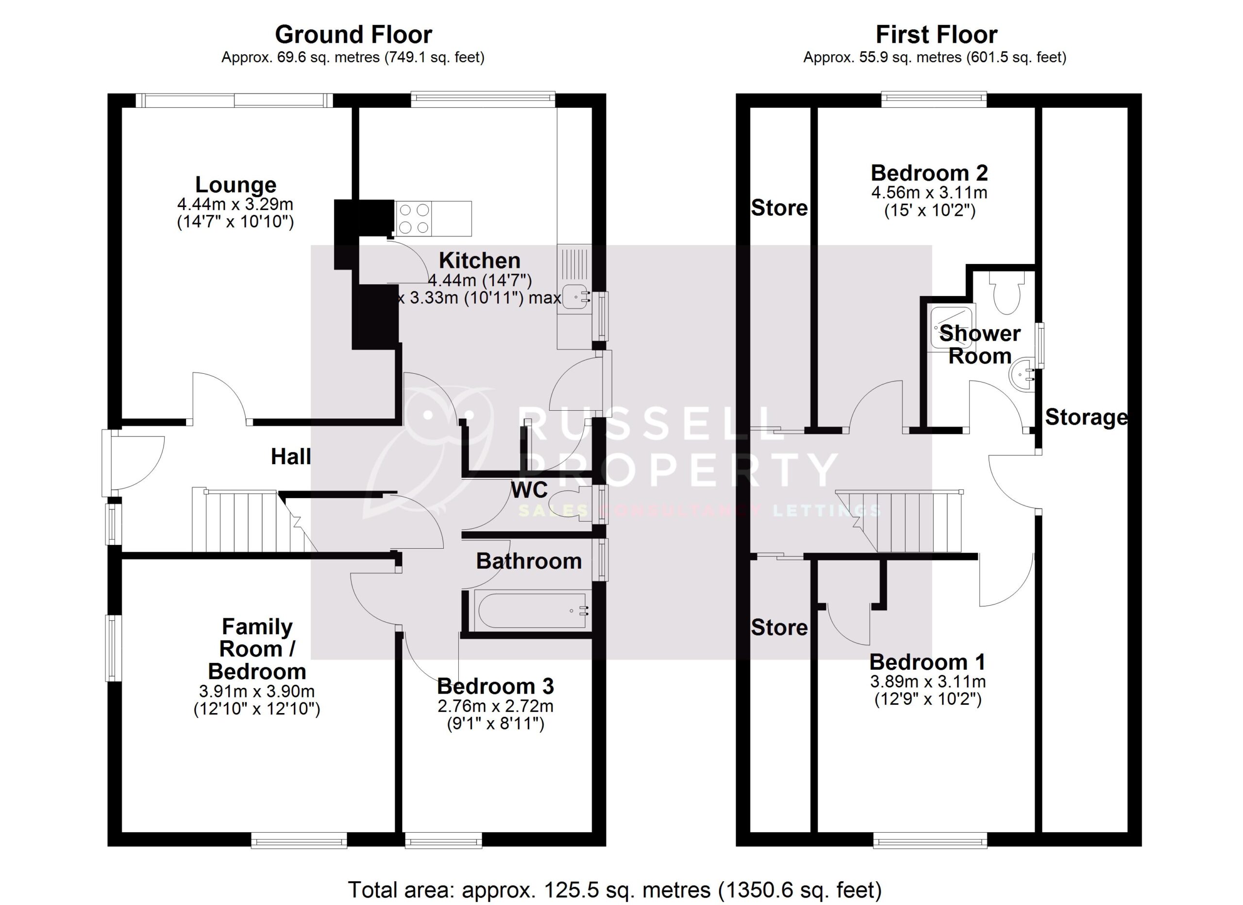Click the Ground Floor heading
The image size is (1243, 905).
(x=353, y=35)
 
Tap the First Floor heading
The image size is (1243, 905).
(x=936, y=35)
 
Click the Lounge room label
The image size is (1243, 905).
(x=235, y=185)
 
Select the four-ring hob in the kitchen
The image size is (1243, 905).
(x=414, y=218)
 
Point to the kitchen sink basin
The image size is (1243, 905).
(x=574, y=297)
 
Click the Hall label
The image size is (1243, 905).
(x=290, y=456)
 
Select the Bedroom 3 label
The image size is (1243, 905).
(x=495, y=686)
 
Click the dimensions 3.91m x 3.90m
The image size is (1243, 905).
(x=256, y=692)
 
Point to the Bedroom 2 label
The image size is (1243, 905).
(x=929, y=174)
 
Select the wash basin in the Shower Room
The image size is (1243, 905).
(x=1021, y=375)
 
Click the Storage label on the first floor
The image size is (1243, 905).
(x=1086, y=418)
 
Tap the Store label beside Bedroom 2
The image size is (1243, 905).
(x=779, y=208)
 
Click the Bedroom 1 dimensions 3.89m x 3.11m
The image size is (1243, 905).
(x=928, y=682)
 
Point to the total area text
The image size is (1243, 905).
(x=614, y=889)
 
